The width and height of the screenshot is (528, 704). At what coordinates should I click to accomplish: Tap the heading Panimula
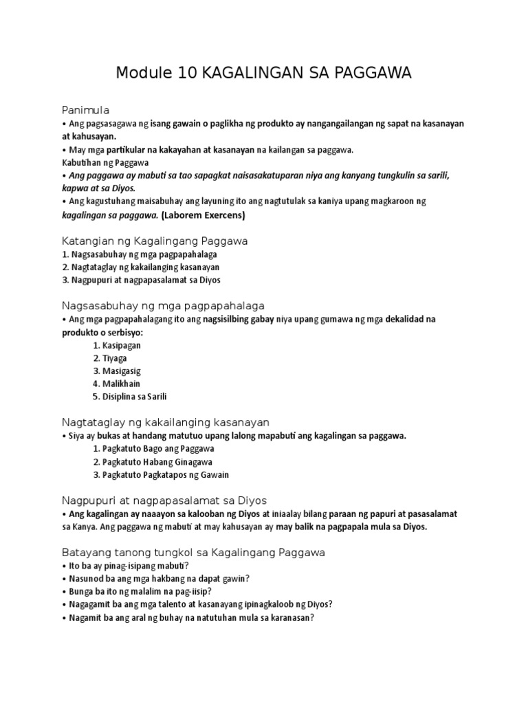pyautogui.click(x=86, y=110)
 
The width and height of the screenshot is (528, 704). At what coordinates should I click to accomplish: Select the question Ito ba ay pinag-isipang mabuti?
pyautogui.click(x=120, y=566)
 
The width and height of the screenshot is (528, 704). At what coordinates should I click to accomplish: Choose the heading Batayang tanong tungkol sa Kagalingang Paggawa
pyautogui.click(x=193, y=552)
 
